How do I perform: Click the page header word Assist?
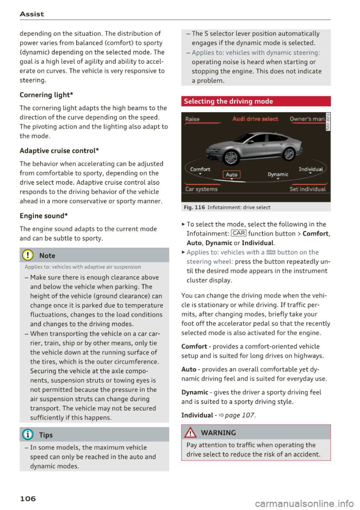(32, 14)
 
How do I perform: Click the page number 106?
(28, 498)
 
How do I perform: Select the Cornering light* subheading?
(46, 95)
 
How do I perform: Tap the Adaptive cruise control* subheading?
(59, 151)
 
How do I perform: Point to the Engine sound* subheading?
(43, 216)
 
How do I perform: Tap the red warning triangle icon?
(191, 433)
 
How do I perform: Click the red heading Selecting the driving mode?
(228, 101)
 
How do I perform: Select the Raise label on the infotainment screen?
(192, 119)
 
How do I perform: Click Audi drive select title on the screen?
(255, 119)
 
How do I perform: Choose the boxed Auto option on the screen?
(231, 175)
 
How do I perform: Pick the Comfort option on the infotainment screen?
(200, 169)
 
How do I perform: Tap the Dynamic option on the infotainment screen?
(278, 174)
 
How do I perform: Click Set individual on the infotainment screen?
(307, 189)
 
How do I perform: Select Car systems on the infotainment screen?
(201, 189)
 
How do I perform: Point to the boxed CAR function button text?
(239, 233)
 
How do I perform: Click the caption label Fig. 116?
(194, 207)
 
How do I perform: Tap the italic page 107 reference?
(240, 415)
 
